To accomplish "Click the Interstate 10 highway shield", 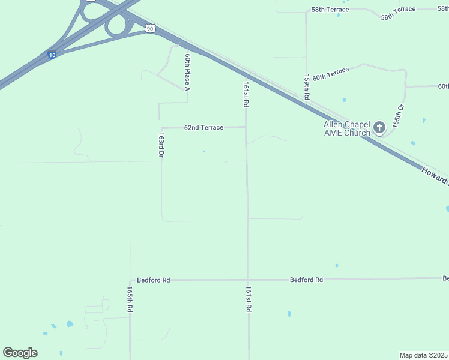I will (x=52, y=55).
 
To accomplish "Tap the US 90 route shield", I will (x=150, y=28).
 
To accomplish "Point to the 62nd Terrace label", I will (x=203, y=128).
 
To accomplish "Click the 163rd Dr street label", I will (x=161, y=146).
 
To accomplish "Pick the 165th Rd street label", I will (x=130, y=298).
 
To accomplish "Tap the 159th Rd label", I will (x=307, y=87).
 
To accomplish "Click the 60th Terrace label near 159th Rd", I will (x=330, y=73).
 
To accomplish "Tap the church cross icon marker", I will (x=379, y=127).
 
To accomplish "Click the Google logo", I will (x=20, y=353).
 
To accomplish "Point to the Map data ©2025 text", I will (x=424, y=355).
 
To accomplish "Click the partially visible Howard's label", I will (x=434, y=177).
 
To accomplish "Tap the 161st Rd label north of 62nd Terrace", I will (x=246, y=94).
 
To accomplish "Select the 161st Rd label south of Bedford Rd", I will (x=248, y=298).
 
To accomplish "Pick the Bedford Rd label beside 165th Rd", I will (x=153, y=280).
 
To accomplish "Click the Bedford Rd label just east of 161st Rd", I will (x=306, y=280).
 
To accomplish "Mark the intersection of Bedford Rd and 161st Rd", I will (x=248, y=280).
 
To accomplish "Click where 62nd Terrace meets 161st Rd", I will (x=246, y=127).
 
